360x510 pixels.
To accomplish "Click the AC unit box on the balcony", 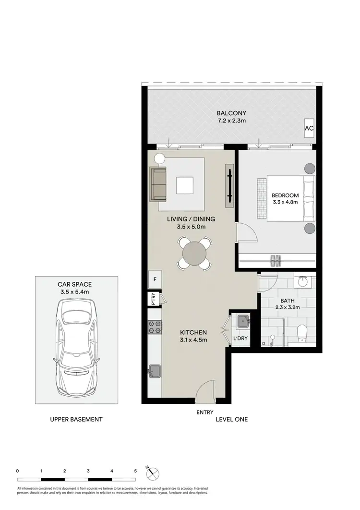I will click(309, 129).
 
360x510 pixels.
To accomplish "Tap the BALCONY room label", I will click(231, 113).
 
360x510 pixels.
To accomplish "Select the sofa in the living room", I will click(157, 184).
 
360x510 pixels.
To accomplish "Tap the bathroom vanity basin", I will click(302, 281).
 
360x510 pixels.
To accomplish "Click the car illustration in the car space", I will click(77, 347).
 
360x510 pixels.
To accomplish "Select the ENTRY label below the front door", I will click(205, 412).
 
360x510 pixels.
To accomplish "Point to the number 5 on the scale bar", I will click(135, 471).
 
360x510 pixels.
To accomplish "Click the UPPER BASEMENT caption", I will click(76, 419).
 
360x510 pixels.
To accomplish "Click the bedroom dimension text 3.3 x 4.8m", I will click(285, 203).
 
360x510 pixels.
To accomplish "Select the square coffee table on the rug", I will click(185, 185).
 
